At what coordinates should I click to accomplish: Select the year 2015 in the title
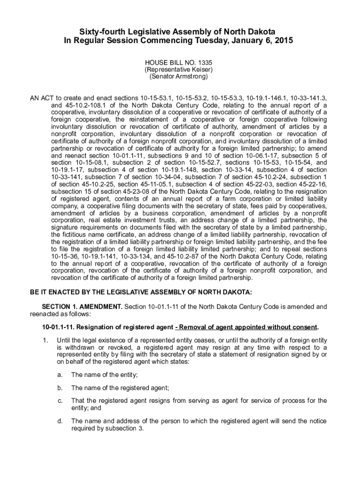point(283,41)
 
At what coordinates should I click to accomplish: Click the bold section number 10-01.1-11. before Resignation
point(60,327)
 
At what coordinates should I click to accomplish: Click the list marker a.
point(60,375)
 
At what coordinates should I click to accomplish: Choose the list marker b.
point(60,387)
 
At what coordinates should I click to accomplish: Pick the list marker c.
point(60,400)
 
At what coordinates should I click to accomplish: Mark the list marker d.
point(60,421)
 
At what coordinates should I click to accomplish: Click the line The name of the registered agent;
point(120,387)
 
